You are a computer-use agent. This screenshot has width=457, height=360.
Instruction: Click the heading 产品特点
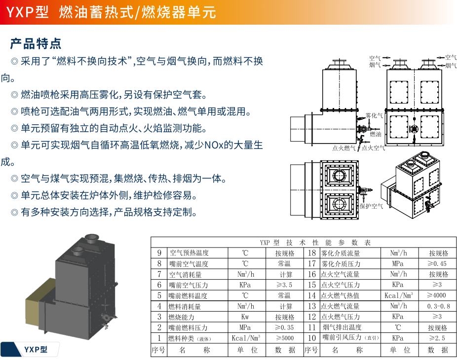36,43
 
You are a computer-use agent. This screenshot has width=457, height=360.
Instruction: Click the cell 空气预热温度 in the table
189,253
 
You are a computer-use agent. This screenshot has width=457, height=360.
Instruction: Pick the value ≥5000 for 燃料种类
285,338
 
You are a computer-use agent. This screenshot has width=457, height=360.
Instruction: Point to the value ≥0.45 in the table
437,264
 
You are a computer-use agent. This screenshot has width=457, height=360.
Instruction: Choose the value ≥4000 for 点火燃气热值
437,295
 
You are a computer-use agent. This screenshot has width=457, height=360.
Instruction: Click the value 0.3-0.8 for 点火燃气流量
437,306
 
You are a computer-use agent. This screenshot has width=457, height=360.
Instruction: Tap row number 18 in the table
311,253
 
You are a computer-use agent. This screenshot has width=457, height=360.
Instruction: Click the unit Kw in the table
245,317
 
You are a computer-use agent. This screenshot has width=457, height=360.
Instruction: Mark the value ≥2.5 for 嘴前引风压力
437,338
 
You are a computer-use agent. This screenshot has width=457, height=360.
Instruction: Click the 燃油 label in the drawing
376,134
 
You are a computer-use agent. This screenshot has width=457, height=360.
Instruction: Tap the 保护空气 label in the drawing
371,206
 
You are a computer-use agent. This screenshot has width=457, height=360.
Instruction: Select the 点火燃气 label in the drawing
344,147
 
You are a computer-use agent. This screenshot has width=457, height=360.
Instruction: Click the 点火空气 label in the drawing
374,147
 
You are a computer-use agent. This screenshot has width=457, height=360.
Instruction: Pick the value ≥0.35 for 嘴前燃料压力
285,327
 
